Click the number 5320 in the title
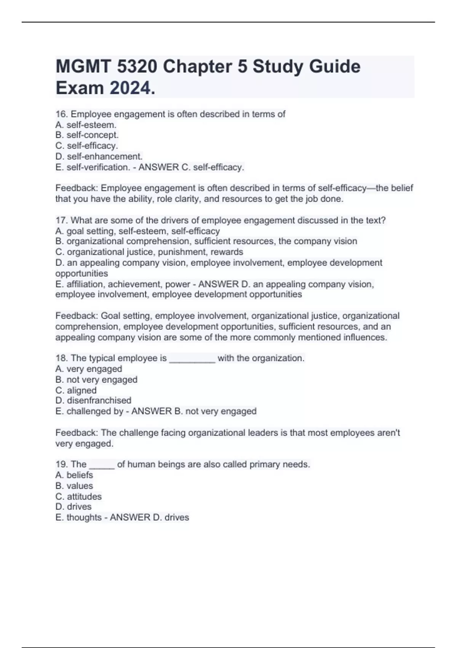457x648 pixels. pos(137,67)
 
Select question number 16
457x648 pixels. pos(61,114)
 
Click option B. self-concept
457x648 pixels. pos(87,135)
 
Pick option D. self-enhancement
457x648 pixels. pos(99,156)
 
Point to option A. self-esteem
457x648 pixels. pos(86,125)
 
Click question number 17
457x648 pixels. pos(61,220)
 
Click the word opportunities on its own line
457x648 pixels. pos(81,273)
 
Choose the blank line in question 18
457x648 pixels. pos(192,359)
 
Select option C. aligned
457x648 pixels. pos(76,390)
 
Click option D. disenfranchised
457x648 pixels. pos(93,401)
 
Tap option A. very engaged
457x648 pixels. pos(89,369)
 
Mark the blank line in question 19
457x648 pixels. pos(102,465)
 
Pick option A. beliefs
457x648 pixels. pos(74,475)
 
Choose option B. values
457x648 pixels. pos(74,486)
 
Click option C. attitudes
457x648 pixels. pos(78,496)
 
